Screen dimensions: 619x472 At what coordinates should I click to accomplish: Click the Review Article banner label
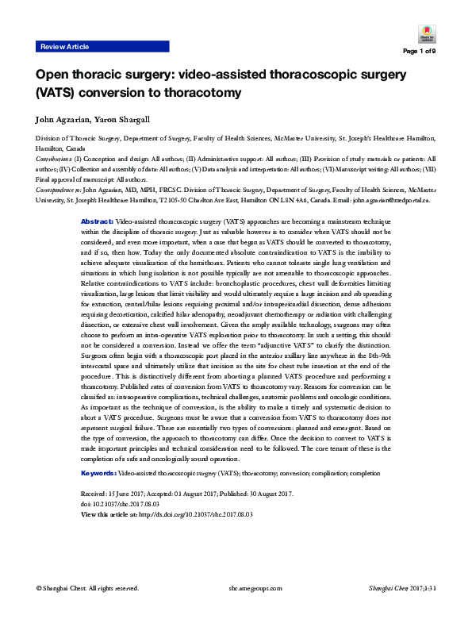(64, 48)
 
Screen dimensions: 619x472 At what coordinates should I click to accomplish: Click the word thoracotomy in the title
(205, 93)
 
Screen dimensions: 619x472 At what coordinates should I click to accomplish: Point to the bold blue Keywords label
(99, 473)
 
